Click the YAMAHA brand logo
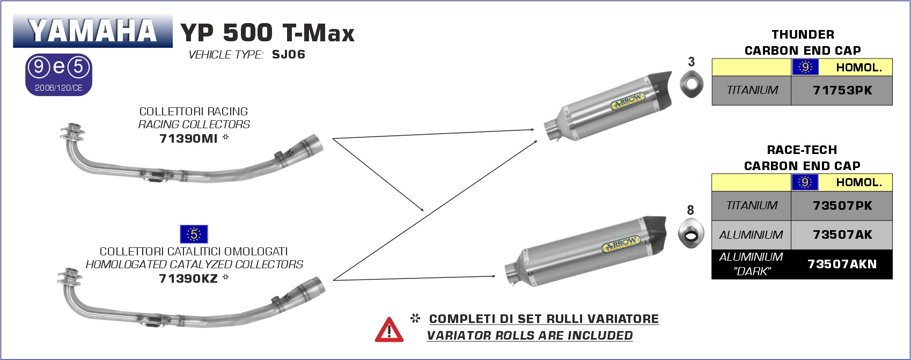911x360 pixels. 93,31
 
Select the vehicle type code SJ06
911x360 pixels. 288,55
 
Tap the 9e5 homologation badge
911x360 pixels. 58,75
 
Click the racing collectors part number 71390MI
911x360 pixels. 188,139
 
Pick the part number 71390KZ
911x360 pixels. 188,278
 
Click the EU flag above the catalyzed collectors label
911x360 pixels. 194,234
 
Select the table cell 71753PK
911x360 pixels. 842,90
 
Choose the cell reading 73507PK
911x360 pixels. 842,206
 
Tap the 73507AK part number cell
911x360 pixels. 842,234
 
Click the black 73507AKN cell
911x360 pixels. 842,265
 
